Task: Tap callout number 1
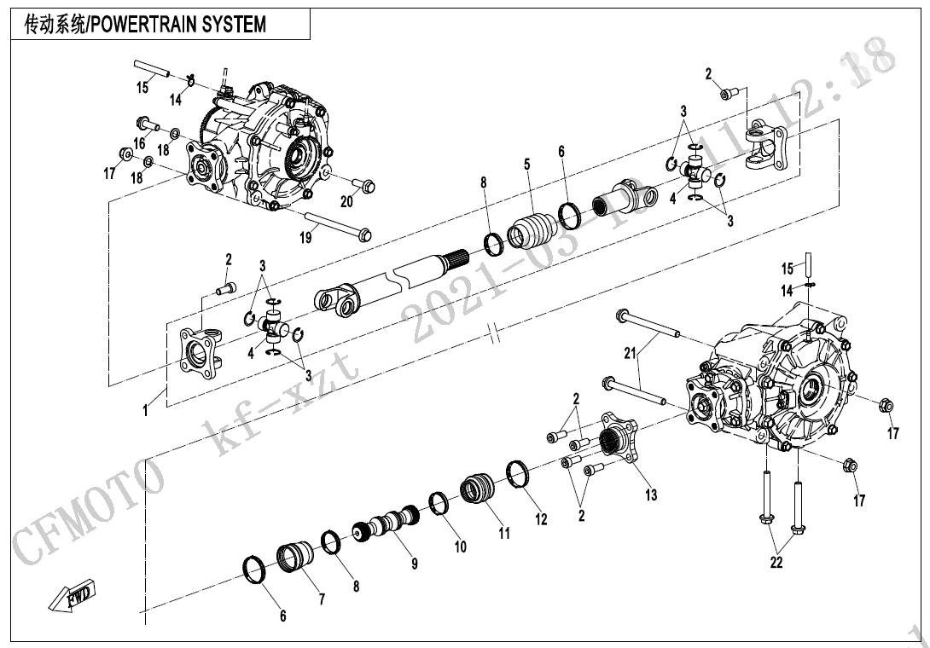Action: [145, 411]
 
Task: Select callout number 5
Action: [527, 164]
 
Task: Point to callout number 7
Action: [322, 599]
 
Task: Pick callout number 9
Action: [414, 564]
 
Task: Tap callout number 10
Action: [460, 547]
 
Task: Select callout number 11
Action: [504, 534]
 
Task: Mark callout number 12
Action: [541, 519]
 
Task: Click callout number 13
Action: [651, 495]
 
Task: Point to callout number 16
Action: [139, 143]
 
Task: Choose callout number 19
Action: [305, 239]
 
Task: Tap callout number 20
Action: [346, 202]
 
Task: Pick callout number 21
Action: [630, 352]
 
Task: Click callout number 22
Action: [776, 563]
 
